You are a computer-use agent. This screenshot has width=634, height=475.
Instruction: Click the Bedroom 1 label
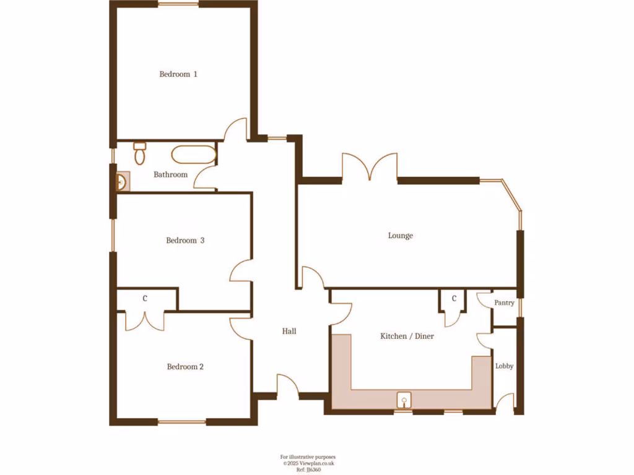coord(178,74)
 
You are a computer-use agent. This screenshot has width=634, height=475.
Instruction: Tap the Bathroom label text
coord(170,174)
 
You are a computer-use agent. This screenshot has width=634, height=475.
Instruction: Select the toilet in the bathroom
coord(139,153)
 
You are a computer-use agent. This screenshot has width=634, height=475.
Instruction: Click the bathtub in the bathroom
coord(193,155)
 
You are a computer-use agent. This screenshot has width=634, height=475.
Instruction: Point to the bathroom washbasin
coord(122,182)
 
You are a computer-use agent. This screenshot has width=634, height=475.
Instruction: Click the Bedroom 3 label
coord(185,241)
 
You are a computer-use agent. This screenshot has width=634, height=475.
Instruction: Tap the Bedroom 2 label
coord(185,367)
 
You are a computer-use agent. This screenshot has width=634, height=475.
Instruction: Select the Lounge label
coord(400,236)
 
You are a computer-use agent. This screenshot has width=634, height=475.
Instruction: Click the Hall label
coord(289,332)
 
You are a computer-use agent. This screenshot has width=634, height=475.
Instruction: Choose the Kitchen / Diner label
coord(407,336)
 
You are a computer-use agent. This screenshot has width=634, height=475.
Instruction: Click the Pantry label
coord(504,303)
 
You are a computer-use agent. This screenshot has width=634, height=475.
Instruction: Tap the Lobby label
coord(504,366)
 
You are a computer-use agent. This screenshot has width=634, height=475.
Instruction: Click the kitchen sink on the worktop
coord(404,400)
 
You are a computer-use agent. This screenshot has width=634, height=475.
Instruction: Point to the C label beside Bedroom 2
coord(145,299)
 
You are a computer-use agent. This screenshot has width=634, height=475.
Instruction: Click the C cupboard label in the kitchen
coord(454,299)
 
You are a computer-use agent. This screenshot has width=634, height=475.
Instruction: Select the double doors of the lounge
coord(370,168)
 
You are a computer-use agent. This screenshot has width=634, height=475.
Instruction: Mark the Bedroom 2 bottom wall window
coord(182,422)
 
